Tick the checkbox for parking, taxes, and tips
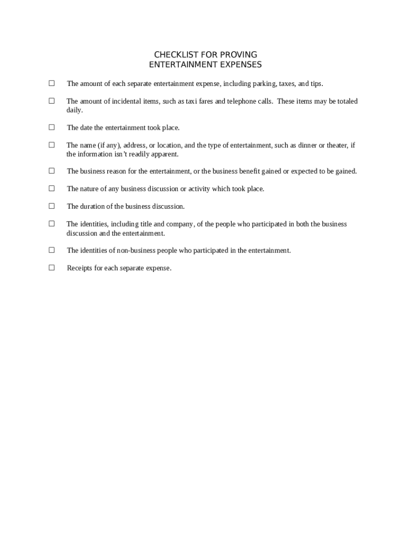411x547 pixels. pos(52,83)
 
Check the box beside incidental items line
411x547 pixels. pos(52,100)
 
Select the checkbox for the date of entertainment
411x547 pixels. pos(52,127)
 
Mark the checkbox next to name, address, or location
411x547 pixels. pos(52,145)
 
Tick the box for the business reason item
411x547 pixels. pos(52,171)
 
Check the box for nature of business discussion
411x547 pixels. pos(52,188)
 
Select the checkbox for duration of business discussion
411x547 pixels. pos(52,206)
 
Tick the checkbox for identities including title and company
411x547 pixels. pos(52,223)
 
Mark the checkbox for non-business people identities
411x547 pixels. pos(52,250)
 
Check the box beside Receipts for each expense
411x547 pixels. pos(52,268)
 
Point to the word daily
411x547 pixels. pos(74,110)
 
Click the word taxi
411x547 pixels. pos(191,101)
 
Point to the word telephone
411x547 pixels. pos(241,101)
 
